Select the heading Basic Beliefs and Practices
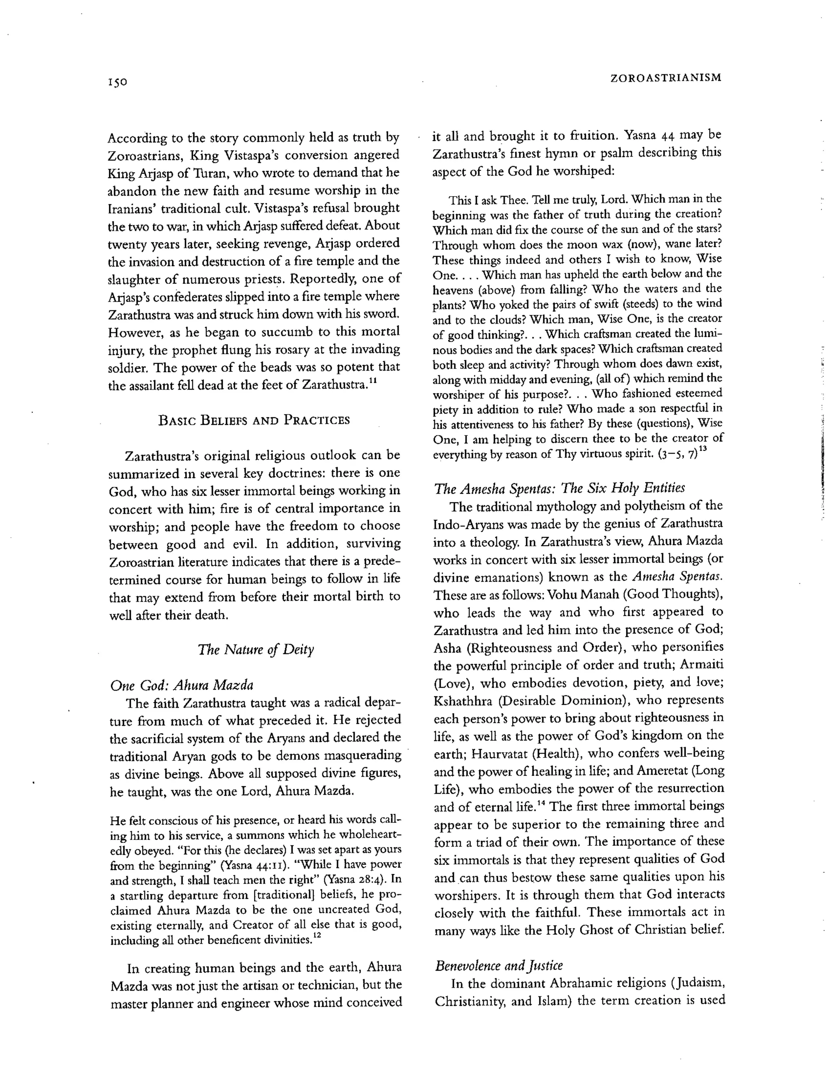click(254, 420)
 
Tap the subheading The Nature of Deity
click(256, 650)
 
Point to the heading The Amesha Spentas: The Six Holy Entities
click(559, 488)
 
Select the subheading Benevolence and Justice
click(499, 965)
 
